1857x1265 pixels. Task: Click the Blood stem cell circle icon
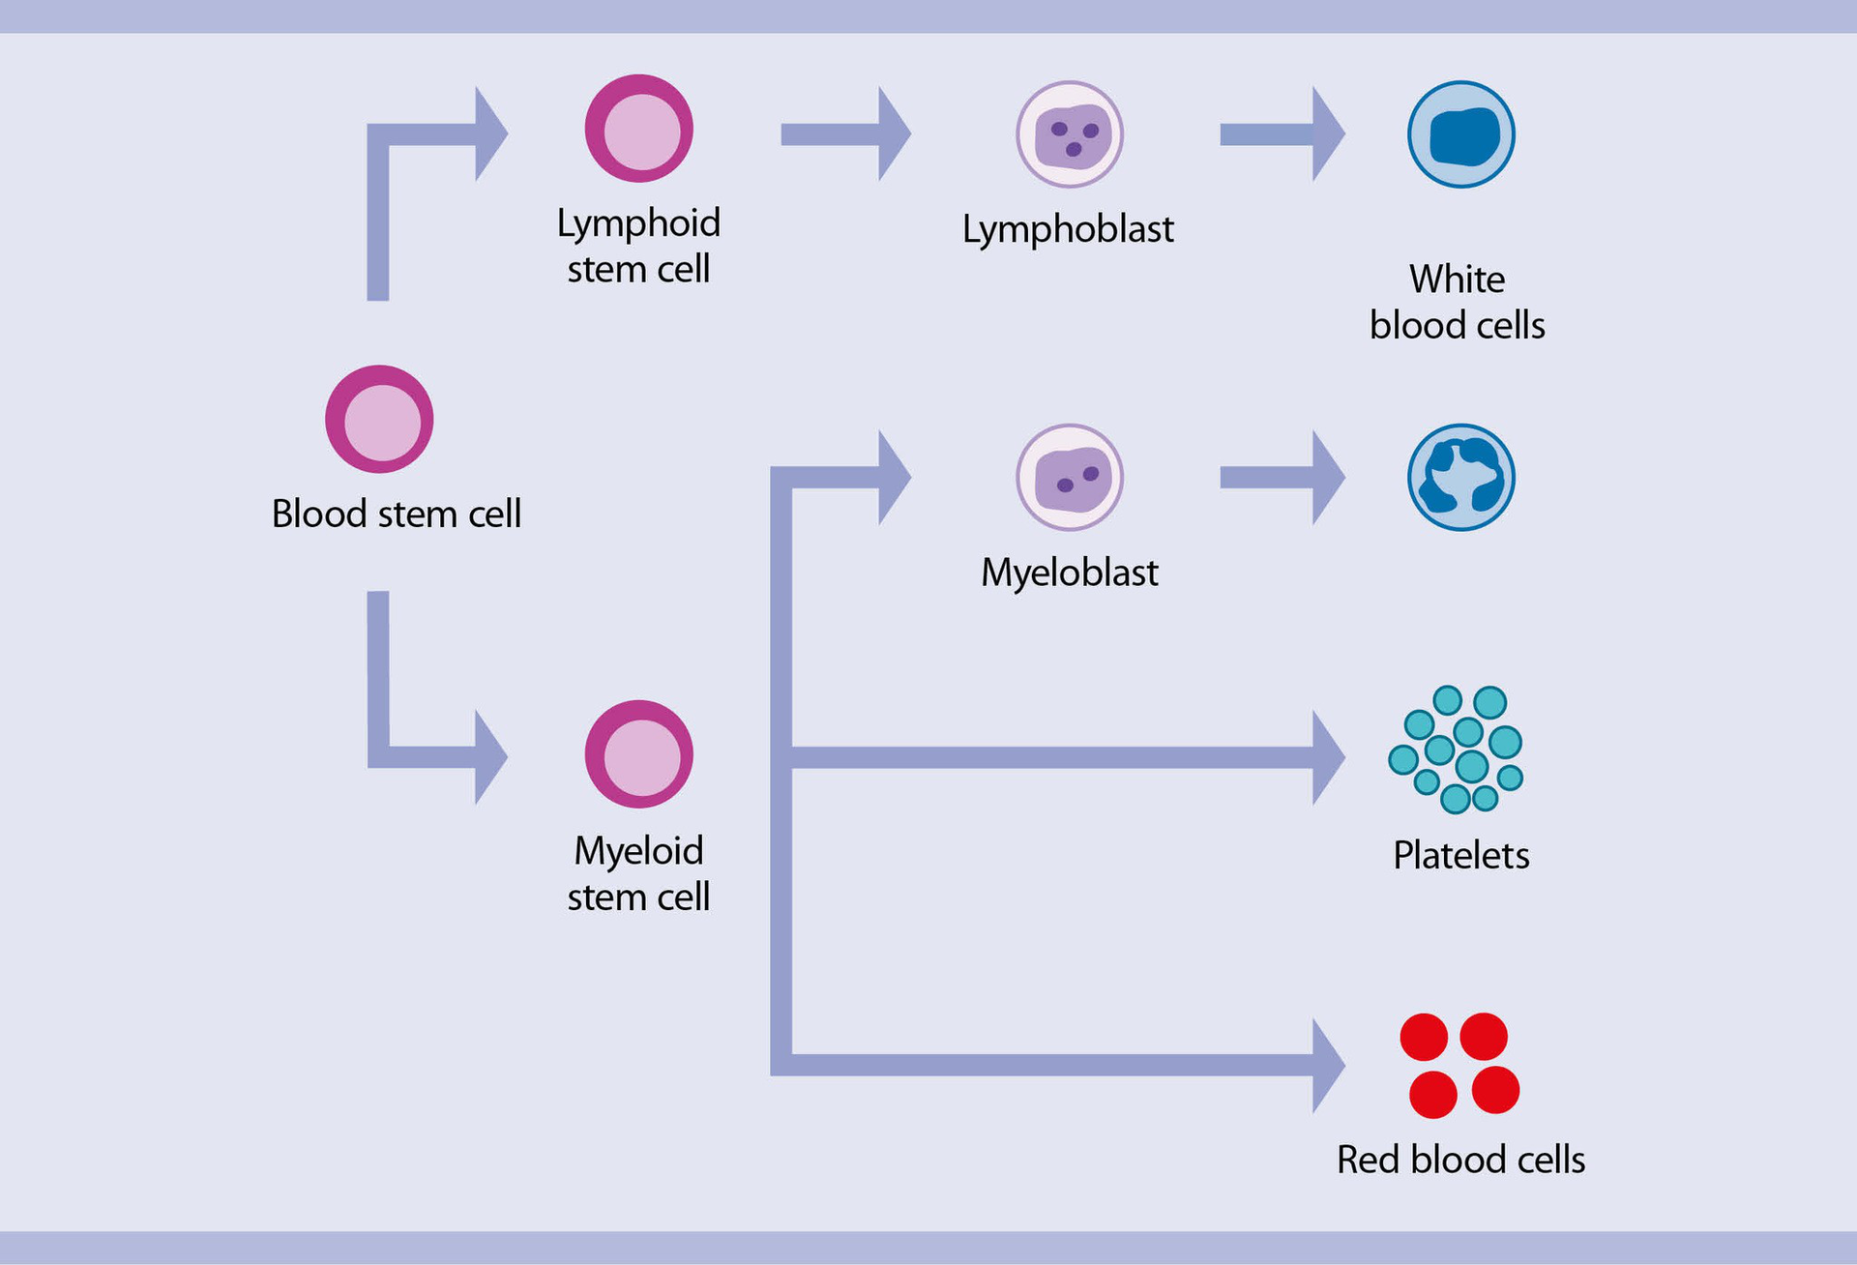(379, 419)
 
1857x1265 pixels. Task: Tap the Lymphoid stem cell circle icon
(638, 129)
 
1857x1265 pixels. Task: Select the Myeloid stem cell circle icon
(638, 754)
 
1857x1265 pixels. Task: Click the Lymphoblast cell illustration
(1069, 134)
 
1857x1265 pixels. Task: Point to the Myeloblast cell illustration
(1069, 478)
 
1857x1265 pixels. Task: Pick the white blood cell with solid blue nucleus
(1460, 134)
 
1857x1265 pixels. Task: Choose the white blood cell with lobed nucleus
(1460, 478)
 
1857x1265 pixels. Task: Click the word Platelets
(1460, 855)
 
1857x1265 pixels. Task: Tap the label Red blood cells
(1460, 1160)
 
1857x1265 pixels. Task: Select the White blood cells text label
(1457, 303)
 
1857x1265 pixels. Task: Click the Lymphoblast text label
(1068, 230)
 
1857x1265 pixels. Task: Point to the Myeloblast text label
(1069, 573)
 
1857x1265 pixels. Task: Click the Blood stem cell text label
(397, 514)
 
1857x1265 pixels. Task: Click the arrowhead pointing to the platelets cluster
(1327, 757)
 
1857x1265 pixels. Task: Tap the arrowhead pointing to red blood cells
(1327, 1065)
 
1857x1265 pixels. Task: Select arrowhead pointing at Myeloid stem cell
(490, 756)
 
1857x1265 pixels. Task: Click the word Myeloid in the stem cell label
(638, 851)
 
